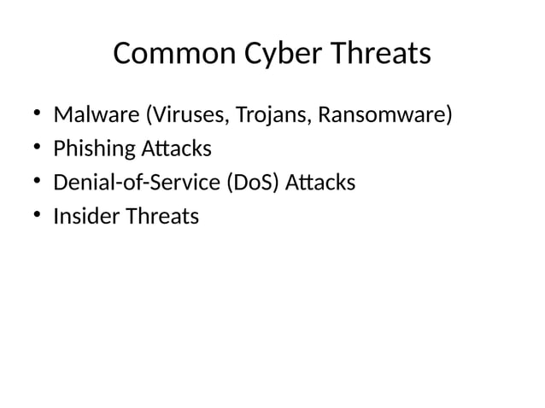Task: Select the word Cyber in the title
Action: point(261,55)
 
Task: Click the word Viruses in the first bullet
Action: point(172,114)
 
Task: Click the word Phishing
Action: point(93,149)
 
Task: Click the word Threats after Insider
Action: point(161,217)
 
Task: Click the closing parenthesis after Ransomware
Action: point(447,115)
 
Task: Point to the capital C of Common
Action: point(122,55)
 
